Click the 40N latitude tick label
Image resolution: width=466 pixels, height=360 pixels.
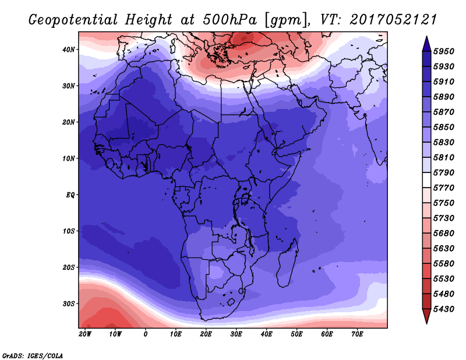69,50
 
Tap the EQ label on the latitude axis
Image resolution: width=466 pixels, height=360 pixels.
70,195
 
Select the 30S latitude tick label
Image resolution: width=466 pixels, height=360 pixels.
69,304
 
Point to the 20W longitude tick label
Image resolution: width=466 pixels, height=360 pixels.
85,334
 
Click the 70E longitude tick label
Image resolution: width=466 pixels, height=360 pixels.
357,334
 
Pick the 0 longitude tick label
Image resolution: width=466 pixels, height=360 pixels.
145,334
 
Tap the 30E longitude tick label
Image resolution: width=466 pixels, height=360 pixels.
236,334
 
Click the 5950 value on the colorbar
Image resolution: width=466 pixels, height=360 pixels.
443,51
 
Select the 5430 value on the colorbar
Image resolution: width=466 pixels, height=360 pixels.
443,309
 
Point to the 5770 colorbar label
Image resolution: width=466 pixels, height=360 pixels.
443,188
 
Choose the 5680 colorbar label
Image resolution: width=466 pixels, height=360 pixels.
443,234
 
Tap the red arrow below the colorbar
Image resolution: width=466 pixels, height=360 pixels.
427,316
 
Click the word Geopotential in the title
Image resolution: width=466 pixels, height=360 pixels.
73,20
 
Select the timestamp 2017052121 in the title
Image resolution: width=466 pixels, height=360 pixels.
393,20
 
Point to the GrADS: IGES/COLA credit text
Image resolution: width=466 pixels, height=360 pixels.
33,356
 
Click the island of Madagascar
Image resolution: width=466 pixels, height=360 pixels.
287,264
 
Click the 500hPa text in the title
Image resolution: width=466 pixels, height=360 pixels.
230,20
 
